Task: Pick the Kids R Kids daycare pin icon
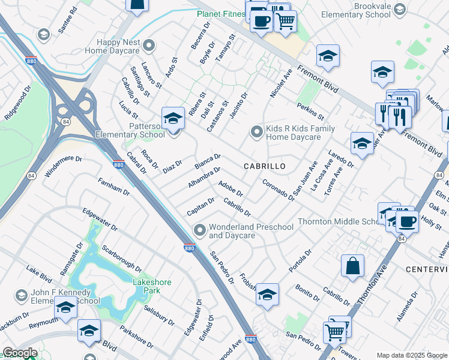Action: pos(257,130)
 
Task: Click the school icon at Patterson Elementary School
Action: pos(173,118)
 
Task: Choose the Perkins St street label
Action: pos(310,110)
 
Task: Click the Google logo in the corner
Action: pos(20,353)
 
